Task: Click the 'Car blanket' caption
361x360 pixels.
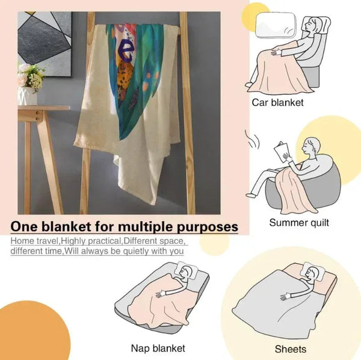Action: coord(277,102)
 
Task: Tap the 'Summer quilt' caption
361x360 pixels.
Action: coord(299,223)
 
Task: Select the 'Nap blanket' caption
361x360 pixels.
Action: coord(158,348)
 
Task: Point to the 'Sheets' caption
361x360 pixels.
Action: coord(291,349)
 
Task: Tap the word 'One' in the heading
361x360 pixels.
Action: coord(23,226)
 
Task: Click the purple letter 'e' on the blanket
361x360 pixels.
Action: coord(126,51)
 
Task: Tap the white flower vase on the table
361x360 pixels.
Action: coord(28,96)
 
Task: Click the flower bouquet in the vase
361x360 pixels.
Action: coord(31,76)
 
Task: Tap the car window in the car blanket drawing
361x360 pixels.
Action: coord(276,25)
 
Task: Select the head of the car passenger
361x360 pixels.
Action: coord(314,26)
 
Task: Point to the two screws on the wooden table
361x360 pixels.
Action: coord(37,116)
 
